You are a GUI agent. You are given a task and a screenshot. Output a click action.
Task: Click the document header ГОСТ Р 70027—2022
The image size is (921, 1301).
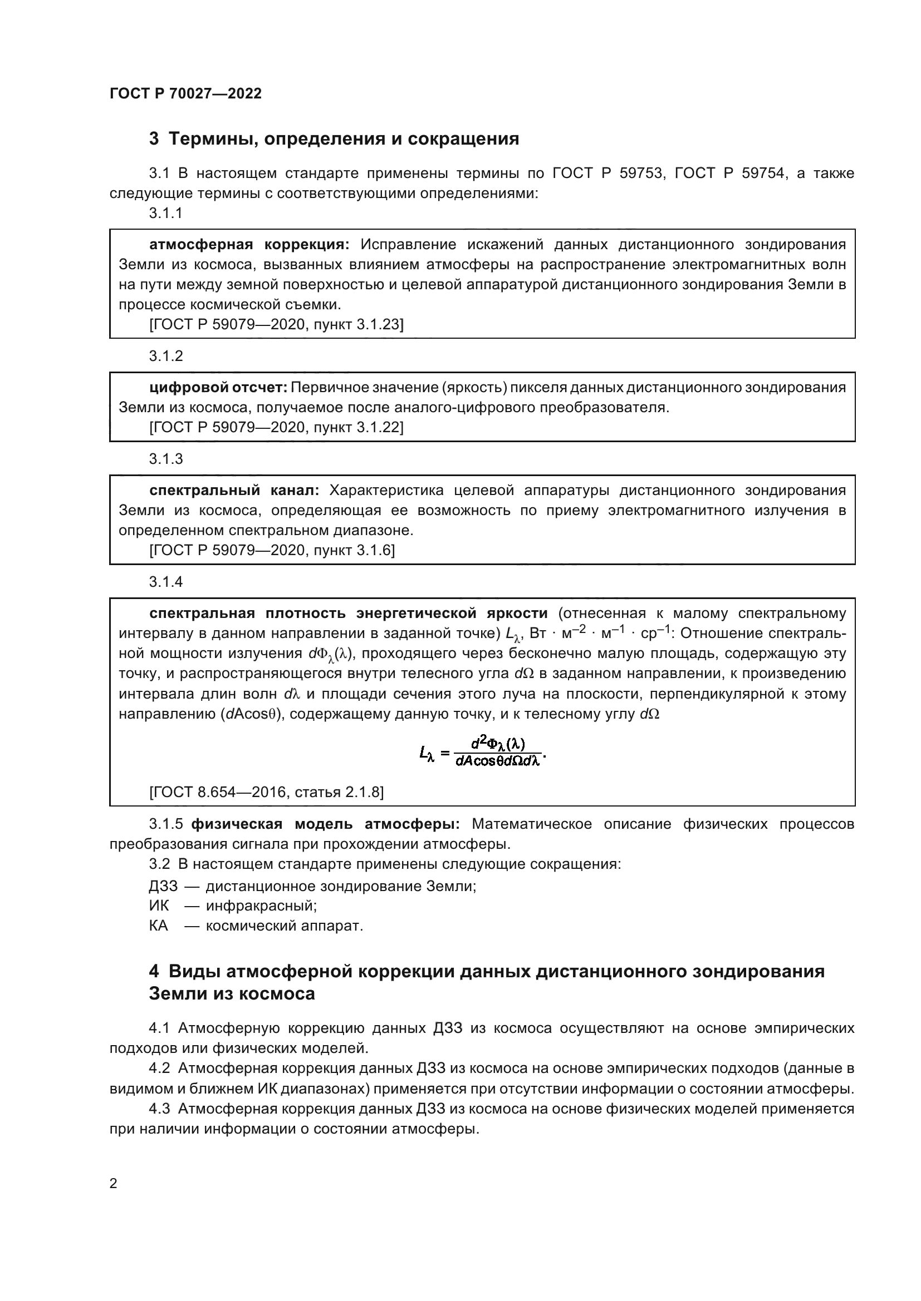click(185, 93)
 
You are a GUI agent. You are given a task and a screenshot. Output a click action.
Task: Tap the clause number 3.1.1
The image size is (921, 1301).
click(165, 213)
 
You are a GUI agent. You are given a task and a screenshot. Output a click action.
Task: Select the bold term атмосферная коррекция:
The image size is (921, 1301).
click(249, 245)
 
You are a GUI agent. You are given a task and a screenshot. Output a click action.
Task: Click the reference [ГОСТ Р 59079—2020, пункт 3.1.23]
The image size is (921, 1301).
click(276, 324)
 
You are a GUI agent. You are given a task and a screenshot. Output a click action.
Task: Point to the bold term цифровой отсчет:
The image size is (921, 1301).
click(218, 388)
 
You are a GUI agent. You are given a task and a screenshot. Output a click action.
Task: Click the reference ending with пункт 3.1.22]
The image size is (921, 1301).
click(276, 427)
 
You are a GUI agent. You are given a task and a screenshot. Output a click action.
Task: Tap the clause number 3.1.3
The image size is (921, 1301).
click(165, 458)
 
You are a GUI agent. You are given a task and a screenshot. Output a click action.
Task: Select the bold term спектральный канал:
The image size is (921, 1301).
click(234, 490)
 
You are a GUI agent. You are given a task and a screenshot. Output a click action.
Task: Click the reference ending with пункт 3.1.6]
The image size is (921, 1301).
click(272, 550)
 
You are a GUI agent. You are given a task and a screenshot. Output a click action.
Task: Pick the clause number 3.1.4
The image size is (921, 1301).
click(165, 582)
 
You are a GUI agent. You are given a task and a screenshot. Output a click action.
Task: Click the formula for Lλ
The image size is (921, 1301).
click(482, 751)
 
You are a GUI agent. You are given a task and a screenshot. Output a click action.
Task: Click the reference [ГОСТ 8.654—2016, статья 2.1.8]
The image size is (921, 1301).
click(266, 792)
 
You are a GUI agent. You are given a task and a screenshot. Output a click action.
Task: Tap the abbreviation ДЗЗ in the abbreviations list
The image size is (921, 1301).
click(163, 886)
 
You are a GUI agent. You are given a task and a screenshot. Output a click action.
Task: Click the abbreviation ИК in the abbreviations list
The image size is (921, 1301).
click(159, 906)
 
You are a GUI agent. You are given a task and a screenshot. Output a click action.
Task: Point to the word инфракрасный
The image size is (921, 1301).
click(261, 906)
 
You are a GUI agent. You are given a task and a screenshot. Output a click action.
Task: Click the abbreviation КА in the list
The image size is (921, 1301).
click(159, 926)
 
